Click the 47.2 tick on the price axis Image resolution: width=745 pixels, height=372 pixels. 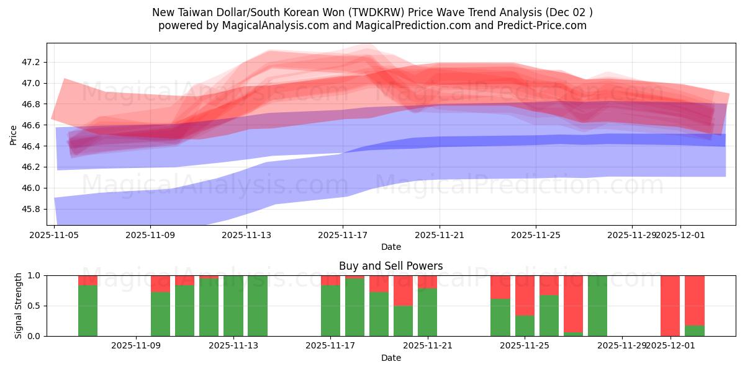30,62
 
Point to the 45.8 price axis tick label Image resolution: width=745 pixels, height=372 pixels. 30,209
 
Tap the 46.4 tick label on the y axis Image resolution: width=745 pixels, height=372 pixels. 30,146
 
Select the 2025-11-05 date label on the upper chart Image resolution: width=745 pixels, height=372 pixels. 55,235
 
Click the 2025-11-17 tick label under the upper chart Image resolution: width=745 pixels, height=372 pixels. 343,235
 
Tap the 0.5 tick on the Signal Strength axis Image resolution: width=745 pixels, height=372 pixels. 34,306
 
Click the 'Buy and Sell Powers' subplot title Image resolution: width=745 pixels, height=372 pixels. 391,266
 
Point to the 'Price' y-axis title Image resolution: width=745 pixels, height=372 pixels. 14,134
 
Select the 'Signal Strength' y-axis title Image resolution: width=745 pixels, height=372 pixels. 19,305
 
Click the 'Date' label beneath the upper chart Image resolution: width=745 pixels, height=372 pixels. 391,247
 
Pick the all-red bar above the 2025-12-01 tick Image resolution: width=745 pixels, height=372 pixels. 670,306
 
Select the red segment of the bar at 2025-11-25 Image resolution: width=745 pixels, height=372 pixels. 525,295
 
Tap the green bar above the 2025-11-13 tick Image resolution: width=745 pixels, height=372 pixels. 233,306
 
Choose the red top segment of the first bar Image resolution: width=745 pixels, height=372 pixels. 88,280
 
